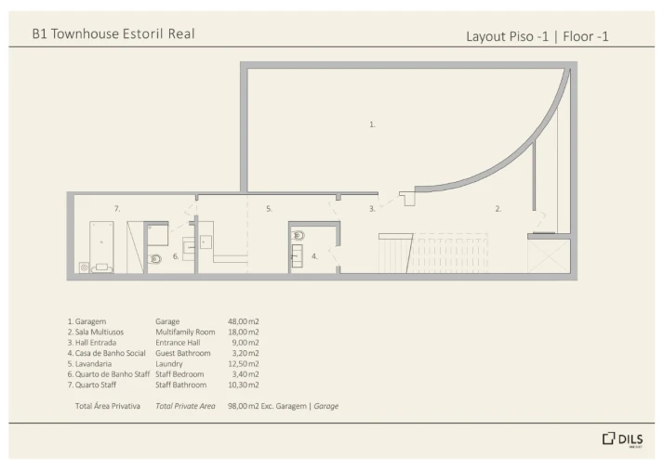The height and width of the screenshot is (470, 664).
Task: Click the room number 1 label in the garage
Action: [x=372, y=124]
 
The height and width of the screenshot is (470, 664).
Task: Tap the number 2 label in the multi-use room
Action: [x=498, y=209]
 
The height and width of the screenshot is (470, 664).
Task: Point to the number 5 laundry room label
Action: [x=269, y=209]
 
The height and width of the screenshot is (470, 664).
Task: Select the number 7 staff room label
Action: [x=117, y=209]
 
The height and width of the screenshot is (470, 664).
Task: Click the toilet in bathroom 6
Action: [x=155, y=259]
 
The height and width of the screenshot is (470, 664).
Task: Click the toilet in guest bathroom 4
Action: [x=299, y=235]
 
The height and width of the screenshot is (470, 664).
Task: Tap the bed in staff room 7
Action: [x=101, y=247]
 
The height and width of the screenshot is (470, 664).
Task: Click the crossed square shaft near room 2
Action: [x=549, y=256]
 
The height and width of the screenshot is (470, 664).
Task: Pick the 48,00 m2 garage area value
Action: [x=243, y=321]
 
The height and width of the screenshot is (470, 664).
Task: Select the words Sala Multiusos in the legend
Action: [x=100, y=333]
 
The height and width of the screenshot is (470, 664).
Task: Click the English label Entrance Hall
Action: [x=178, y=343]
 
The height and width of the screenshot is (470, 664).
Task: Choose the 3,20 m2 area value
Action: [x=246, y=353]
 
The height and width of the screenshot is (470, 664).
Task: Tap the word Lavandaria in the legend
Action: [x=93, y=364]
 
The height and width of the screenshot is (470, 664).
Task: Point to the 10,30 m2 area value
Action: [x=243, y=385]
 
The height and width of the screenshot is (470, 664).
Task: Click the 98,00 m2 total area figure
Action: [x=243, y=406]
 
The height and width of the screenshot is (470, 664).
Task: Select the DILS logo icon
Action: [x=608, y=438]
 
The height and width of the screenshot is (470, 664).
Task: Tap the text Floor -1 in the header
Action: [x=586, y=36]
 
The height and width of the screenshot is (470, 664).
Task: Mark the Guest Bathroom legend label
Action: [x=183, y=353]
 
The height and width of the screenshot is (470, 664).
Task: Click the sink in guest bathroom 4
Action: [x=298, y=255]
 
